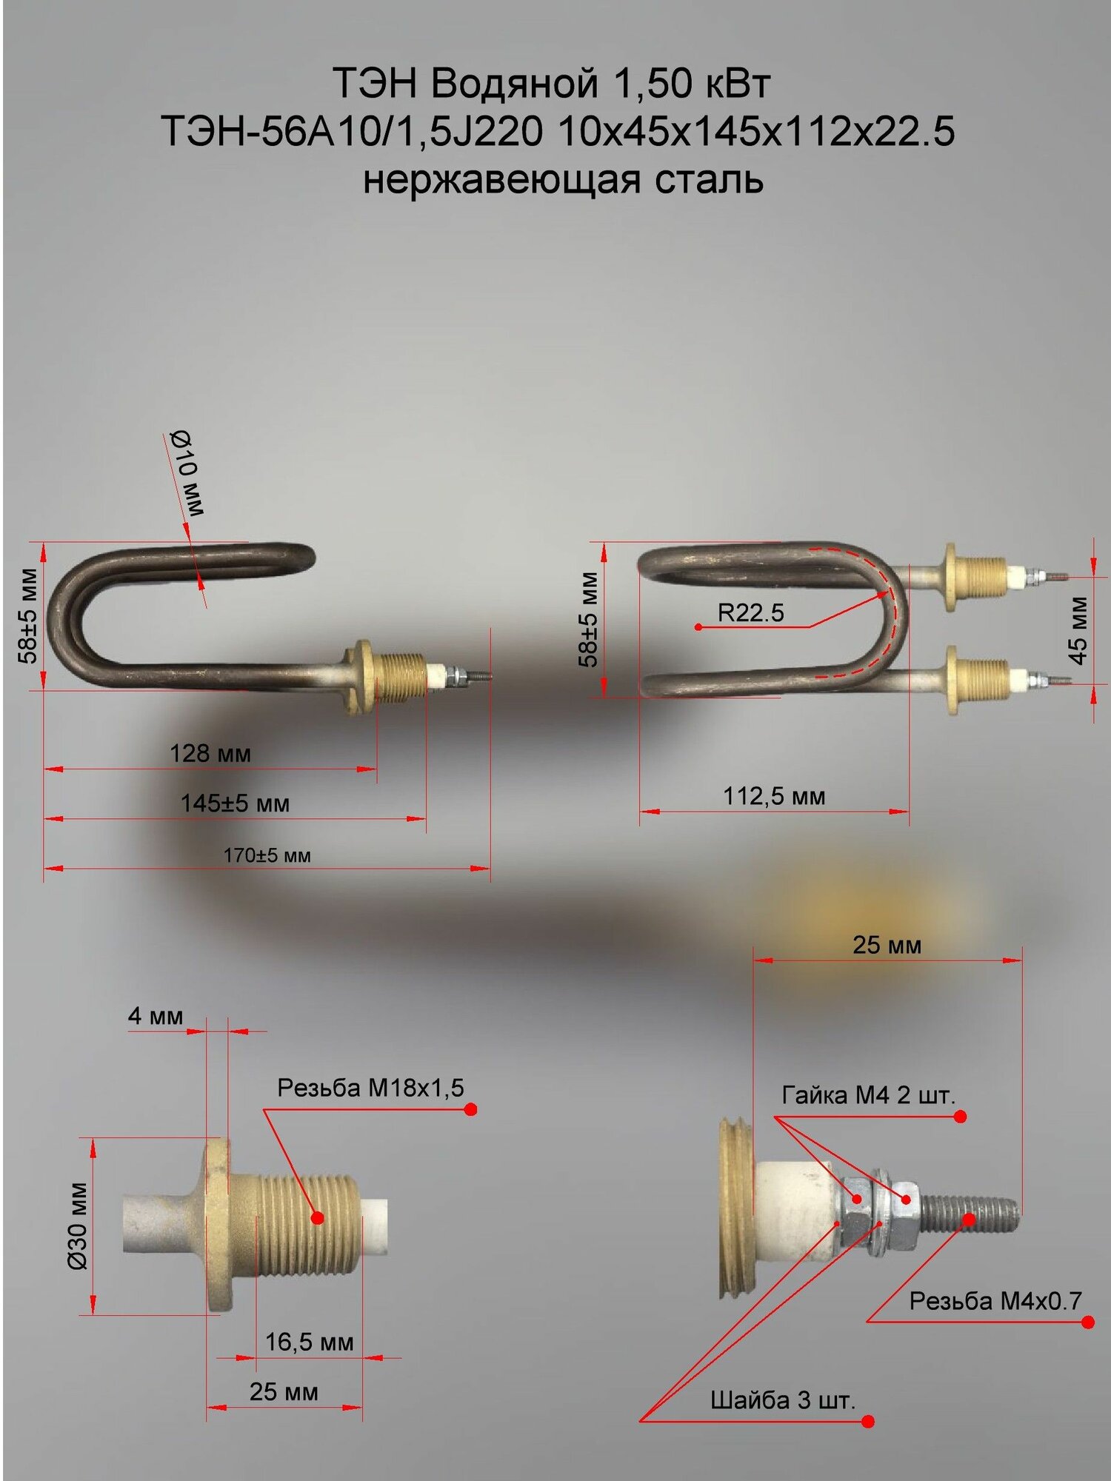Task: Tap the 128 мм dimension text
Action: [x=210, y=754]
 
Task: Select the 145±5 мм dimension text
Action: [x=235, y=803]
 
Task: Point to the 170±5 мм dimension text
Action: [x=267, y=855]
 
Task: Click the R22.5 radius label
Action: [x=750, y=612]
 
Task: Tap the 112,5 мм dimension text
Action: [x=774, y=796]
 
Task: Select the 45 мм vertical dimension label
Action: [x=1078, y=630]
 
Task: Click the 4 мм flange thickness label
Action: [x=156, y=1016]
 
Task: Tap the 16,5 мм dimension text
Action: [x=310, y=1342]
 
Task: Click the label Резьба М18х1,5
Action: [x=370, y=1088]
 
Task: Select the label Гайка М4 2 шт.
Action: [x=869, y=1095]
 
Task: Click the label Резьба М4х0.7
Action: [x=995, y=1301]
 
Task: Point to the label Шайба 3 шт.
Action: [x=783, y=1400]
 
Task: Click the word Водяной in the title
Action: [x=514, y=83]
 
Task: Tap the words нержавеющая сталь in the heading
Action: [x=563, y=180]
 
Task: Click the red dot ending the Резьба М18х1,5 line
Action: [x=470, y=1109]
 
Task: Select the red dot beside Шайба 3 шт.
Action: [x=868, y=1420]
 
